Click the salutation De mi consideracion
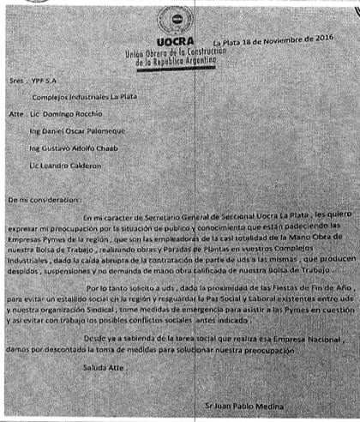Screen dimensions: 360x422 point(43,198)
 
